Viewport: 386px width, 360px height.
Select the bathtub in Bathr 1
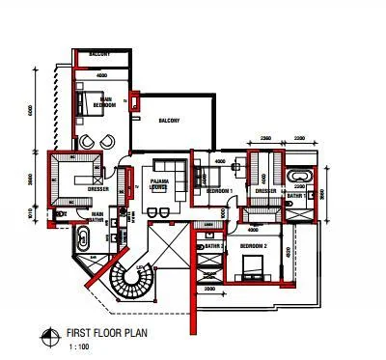(x=297, y=177)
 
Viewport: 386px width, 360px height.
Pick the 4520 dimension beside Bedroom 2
(x=289, y=253)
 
